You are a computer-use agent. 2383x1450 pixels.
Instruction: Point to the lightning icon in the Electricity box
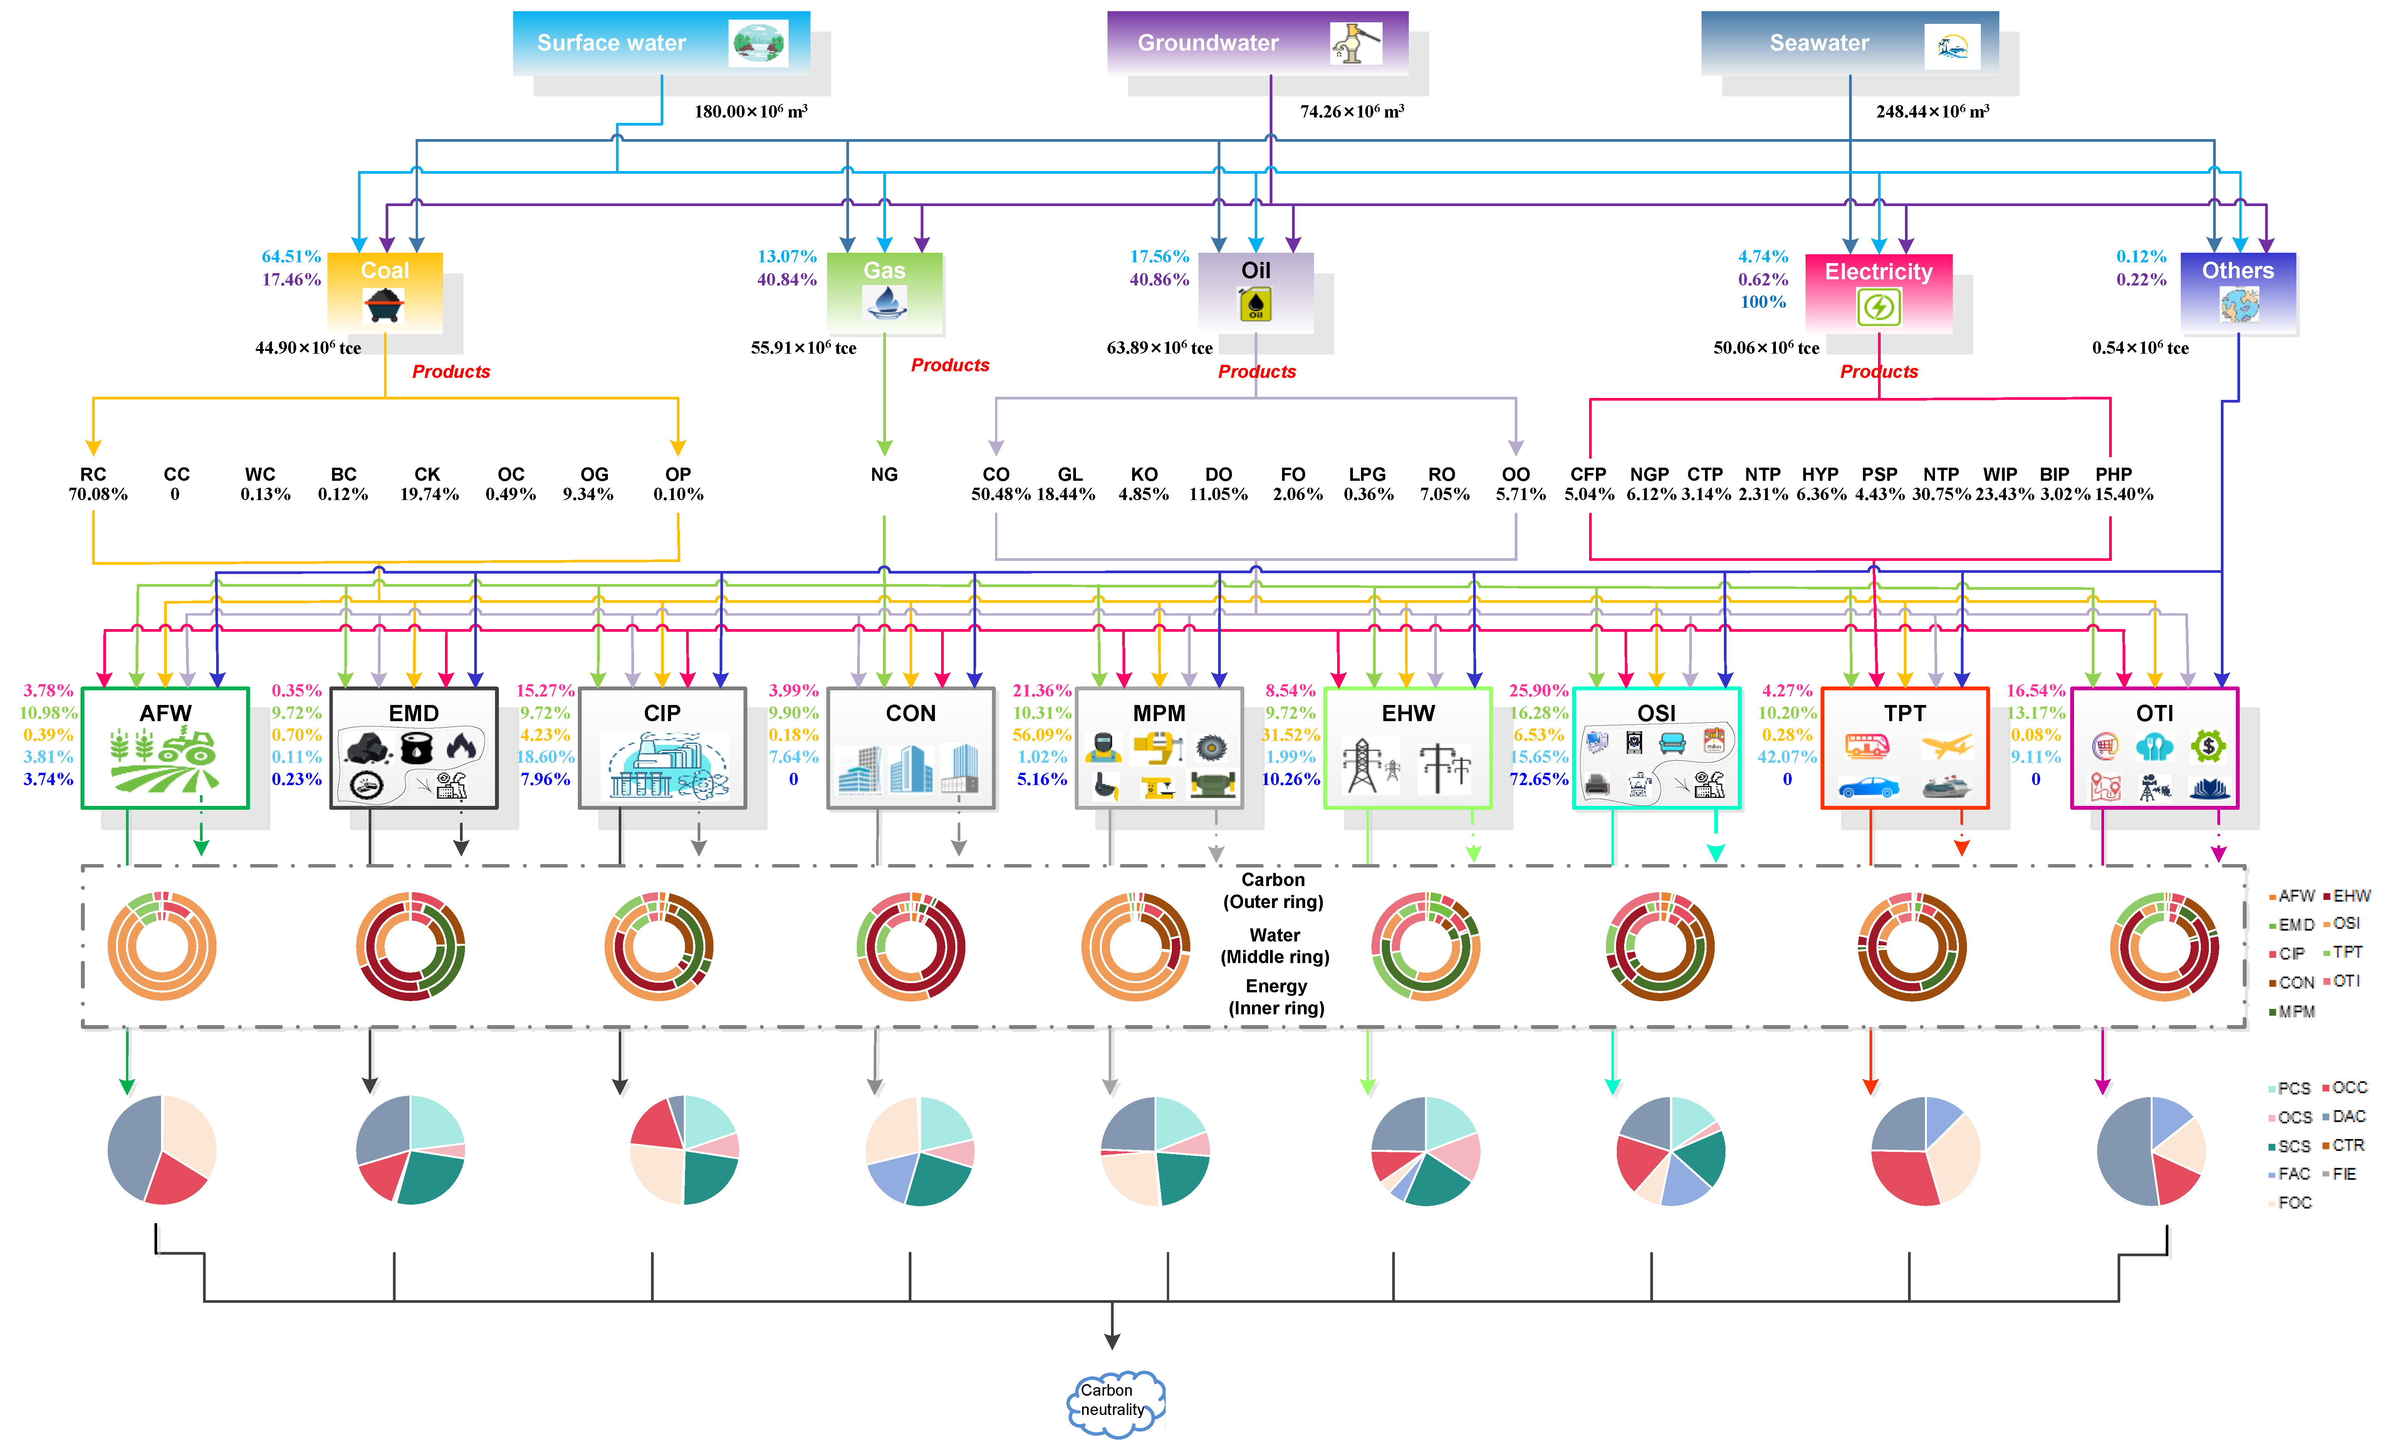(1878, 308)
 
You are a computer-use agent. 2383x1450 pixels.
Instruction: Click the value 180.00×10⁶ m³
(750, 111)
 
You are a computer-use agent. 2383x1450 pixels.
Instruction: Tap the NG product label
(884, 474)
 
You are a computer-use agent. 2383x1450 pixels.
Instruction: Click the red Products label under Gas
(950, 365)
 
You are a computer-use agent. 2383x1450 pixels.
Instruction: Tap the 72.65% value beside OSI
(1539, 779)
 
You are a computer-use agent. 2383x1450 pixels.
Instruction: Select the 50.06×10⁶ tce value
(1766, 347)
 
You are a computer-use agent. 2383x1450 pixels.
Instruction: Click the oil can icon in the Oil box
(1255, 305)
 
